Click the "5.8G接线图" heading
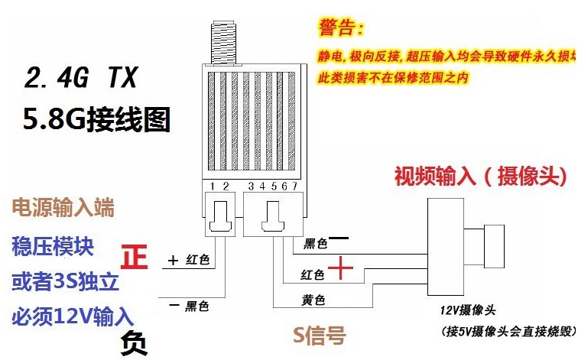(x=96, y=118)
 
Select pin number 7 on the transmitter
(x=293, y=186)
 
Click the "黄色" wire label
(x=315, y=299)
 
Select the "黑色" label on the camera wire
(x=315, y=244)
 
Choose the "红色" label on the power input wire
(x=198, y=260)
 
